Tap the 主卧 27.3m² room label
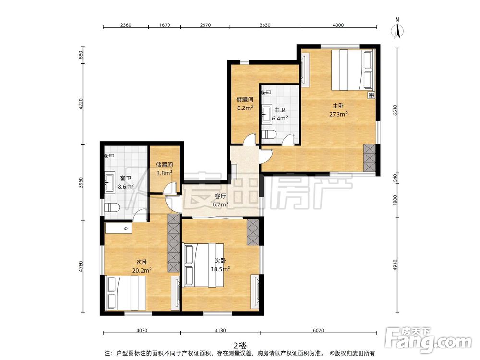(x=338, y=110)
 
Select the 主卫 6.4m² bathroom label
(x=279, y=114)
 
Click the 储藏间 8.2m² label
(x=245, y=104)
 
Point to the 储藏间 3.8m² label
(x=164, y=168)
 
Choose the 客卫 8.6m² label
(x=125, y=182)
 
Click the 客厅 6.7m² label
(x=220, y=200)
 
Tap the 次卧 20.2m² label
(x=142, y=266)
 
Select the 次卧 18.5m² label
(x=220, y=265)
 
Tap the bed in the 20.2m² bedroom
(x=126, y=293)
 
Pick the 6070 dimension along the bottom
(x=318, y=330)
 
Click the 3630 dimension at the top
(x=265, y=25)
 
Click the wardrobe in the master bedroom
(x=370, y=158)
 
